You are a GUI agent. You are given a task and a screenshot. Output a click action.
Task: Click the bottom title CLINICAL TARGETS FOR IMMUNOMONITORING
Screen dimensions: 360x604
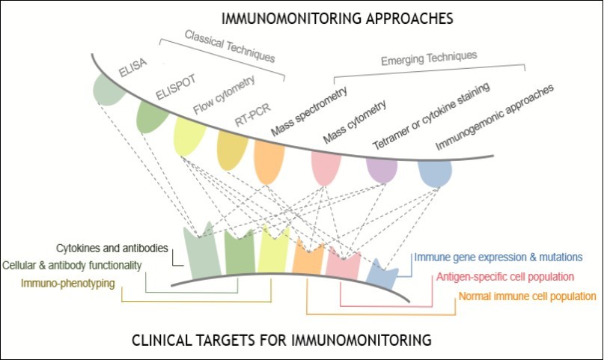[x=281, y=341]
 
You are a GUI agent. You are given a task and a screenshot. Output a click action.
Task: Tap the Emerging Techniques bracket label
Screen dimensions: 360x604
[x=429, y=56]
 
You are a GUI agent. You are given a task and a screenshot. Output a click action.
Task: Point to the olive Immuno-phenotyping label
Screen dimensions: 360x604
[x=62, y=283]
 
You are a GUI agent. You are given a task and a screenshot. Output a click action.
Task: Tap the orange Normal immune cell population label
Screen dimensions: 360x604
[x=527, y=296]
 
